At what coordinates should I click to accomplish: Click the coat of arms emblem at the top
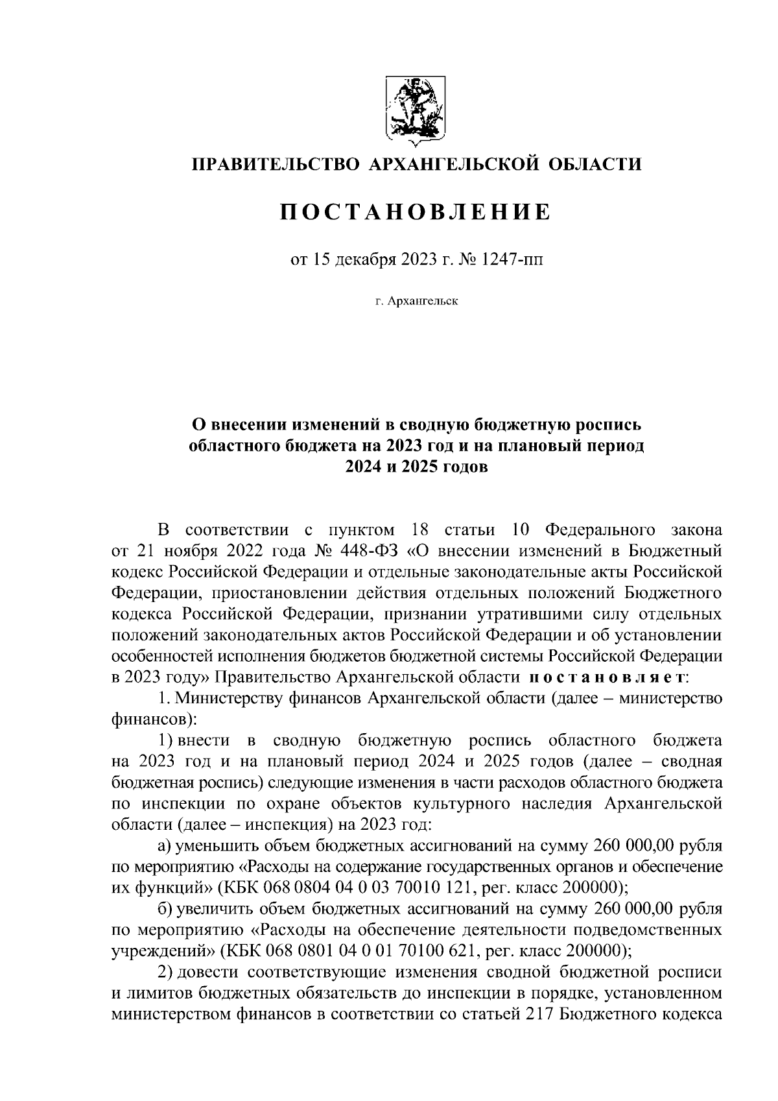pyautogui.click(x=416, y=108)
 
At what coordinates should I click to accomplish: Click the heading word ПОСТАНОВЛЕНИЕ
pyautogui.click(x=416, y=212)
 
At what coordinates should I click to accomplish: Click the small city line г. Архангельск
pyautogui.click(x=416, y=302)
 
